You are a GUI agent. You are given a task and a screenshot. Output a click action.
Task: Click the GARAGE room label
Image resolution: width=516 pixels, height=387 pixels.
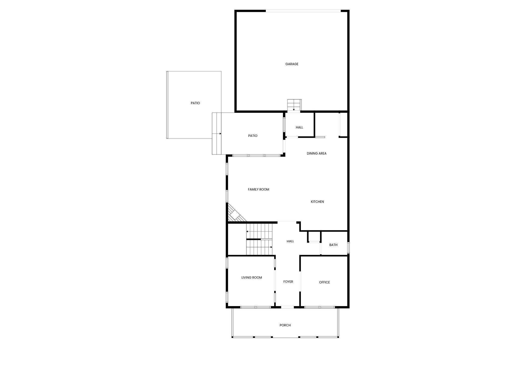[292, 64]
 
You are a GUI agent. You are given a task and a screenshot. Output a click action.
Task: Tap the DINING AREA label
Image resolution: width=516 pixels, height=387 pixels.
[316, 153]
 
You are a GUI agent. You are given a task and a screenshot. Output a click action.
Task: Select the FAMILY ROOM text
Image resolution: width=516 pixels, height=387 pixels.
[259, 189]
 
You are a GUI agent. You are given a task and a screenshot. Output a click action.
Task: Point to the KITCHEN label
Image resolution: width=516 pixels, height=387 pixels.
[317, 202]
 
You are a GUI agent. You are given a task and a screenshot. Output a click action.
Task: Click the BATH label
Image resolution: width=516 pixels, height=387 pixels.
[333, 245]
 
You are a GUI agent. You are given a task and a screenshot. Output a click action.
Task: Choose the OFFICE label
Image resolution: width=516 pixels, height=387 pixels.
[325, 282]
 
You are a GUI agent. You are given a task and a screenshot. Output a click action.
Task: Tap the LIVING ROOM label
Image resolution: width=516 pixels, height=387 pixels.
[252, 278]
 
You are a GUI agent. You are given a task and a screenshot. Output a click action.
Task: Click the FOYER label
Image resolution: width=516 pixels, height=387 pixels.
[288, 282]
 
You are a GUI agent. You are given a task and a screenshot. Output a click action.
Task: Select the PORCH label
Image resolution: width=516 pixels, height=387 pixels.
[285, 325]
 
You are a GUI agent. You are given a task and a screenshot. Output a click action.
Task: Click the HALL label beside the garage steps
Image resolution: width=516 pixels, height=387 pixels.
[299, 127]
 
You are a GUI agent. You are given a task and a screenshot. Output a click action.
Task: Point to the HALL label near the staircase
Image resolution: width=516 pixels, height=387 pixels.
[290, 241]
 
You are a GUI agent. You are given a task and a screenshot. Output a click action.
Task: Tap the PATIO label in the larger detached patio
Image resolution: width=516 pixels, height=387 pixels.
[195, 103]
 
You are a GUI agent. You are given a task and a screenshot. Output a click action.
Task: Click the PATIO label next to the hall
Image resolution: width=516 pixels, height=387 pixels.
[253, 136]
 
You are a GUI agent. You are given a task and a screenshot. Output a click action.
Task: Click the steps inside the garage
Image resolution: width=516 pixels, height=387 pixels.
[294, 105]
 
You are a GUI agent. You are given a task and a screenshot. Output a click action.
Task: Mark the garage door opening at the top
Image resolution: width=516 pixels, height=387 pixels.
[303, 11]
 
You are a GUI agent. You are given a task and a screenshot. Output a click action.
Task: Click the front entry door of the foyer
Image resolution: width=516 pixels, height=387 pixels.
[287, 307]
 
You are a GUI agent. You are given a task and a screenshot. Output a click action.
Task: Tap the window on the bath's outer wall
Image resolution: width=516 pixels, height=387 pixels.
[348, 248]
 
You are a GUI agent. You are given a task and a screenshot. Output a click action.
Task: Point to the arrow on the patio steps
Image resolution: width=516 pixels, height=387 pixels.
[217, 134]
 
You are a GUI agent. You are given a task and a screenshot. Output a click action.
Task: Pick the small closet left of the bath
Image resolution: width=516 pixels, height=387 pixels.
[314, 237]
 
